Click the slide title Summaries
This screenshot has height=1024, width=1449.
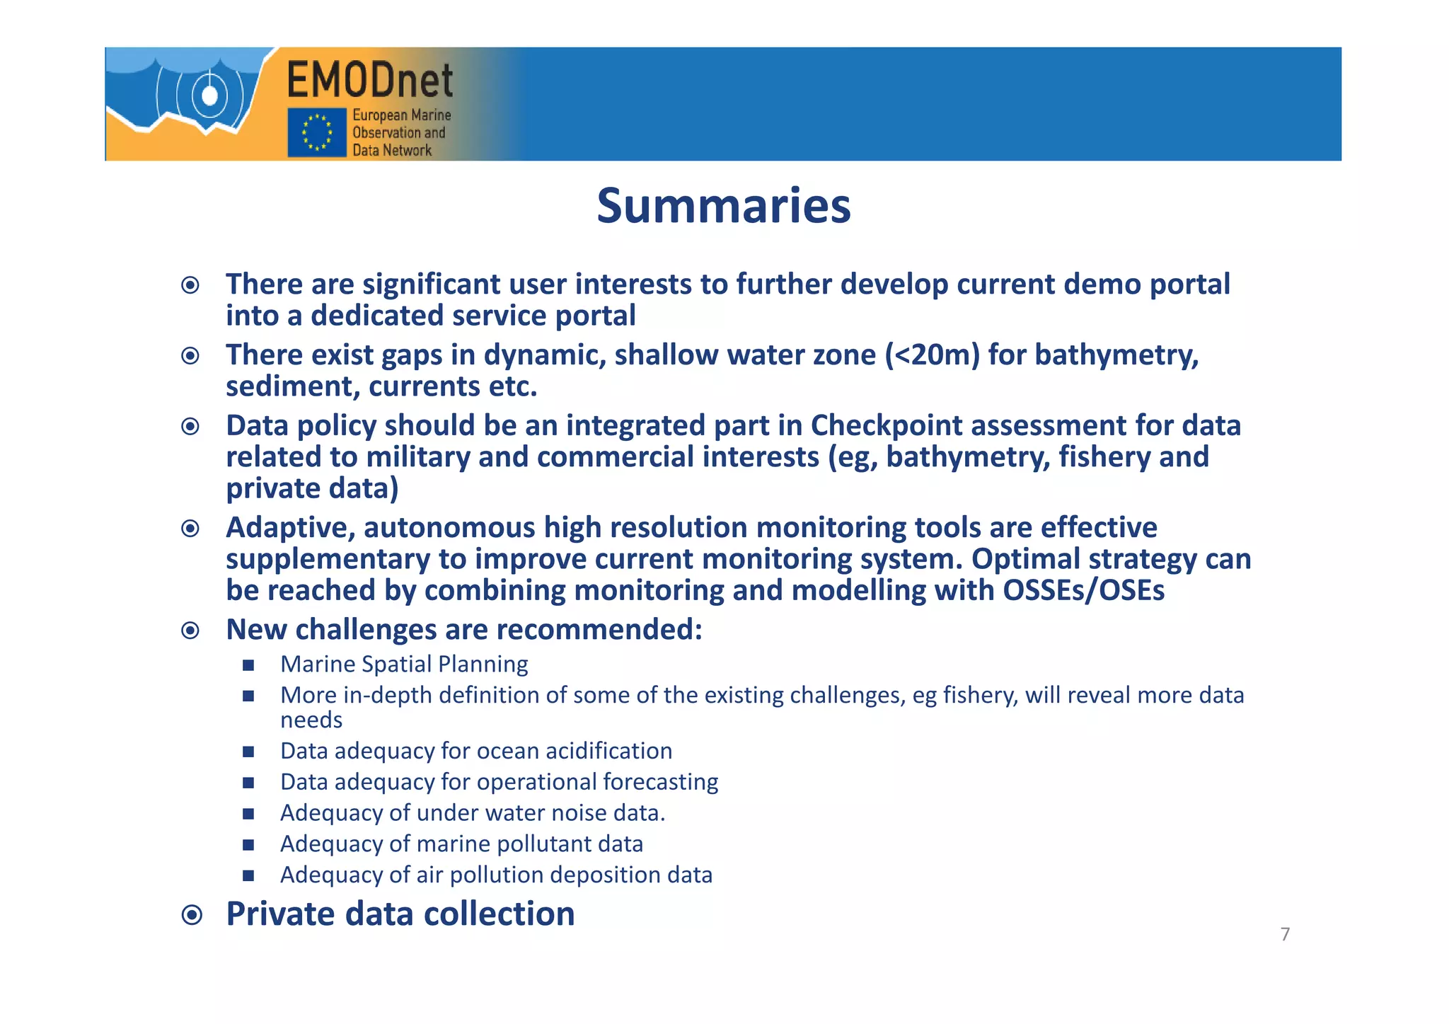[x=723, y=206]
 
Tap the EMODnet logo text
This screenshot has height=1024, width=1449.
[x=369, y=80]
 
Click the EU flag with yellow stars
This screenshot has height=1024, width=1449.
[x=316, y=132]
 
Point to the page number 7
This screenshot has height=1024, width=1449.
[x=1285, y=934]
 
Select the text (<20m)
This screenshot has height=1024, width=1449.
[x=933, y=355]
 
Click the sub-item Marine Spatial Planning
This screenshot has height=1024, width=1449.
[x=404, y=664]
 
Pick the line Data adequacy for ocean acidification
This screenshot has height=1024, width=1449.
[x=475, y=750]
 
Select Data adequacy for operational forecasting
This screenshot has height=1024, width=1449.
[x=499, y=781]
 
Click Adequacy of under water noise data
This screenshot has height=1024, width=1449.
[x=473, y=812]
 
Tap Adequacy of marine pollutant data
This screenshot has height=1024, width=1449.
[x=461, y=844]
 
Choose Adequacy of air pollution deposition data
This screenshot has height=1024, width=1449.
[x=496, y=875]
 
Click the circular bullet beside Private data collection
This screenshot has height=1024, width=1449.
[x=191, y=915]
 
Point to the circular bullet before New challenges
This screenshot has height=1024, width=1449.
[x=190, y=630]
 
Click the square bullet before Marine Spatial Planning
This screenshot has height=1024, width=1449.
[x=248, y=665]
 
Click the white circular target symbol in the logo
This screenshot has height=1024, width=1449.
[x=209, y=95]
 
